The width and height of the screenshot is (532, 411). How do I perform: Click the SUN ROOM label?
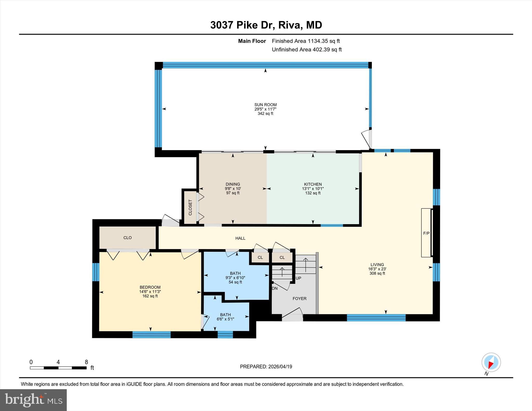265,105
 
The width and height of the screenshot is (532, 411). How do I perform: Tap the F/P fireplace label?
426,233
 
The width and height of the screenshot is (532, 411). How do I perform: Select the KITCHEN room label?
313,184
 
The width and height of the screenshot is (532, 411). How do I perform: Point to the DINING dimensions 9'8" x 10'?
233,189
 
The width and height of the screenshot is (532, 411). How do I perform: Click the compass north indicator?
491,362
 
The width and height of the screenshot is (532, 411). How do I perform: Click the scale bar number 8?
86,362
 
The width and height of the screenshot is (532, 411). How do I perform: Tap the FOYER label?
299,299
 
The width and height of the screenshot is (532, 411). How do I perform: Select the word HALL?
240,238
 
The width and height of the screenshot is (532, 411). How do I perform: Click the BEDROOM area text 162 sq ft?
150,296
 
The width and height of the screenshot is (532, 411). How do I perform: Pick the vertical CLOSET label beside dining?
190,207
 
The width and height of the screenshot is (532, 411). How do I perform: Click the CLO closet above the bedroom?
127,238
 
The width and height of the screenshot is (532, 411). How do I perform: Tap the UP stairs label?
298,278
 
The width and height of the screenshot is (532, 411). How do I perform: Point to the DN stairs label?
275,288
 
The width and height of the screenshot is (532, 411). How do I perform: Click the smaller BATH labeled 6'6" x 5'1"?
225,317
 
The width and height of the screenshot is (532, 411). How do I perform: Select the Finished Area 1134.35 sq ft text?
305,41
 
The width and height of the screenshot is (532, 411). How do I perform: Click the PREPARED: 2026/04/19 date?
266,367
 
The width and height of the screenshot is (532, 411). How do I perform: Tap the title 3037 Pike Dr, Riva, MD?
266,25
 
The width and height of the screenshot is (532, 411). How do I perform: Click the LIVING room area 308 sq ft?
377,273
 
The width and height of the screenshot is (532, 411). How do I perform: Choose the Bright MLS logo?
34,400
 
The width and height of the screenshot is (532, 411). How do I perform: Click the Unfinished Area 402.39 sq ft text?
307,50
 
